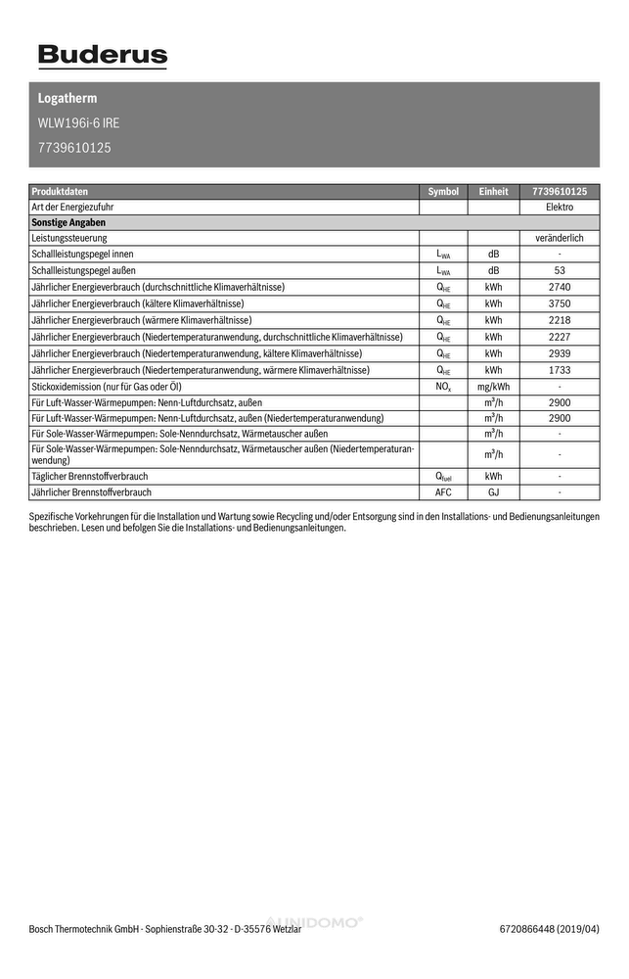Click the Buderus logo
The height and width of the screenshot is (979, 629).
[x=103, y=56]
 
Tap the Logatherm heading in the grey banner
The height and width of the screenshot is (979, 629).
[x=67, y=99]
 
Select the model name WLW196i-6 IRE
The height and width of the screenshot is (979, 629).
[x=78, y=123]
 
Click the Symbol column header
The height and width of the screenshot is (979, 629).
[x=443, y=192]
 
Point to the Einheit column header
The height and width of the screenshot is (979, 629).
[x=493, y=192]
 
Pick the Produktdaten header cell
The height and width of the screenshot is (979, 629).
[x=60, y=192]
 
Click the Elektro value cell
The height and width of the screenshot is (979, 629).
[x=559, y=208]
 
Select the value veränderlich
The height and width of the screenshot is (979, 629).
[x=559, y=238]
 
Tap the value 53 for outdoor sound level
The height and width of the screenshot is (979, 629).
[x=559, y=270]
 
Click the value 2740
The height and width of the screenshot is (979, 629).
[x=559, y=287]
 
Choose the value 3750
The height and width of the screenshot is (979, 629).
[x=559, y=303]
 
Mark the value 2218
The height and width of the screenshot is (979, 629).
[x=559, y=320]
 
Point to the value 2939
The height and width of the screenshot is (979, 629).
[x=559, y=352]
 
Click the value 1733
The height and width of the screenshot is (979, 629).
[x=559, y=370]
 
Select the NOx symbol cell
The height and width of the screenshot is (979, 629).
[x=443, y=387]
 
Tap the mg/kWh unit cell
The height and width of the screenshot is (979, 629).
[x=493, y=387]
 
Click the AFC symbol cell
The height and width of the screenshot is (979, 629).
[x=443, y=492]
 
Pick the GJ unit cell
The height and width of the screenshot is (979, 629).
[x=493, y=492]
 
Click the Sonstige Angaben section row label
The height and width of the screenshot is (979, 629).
[x=68, y=222]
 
